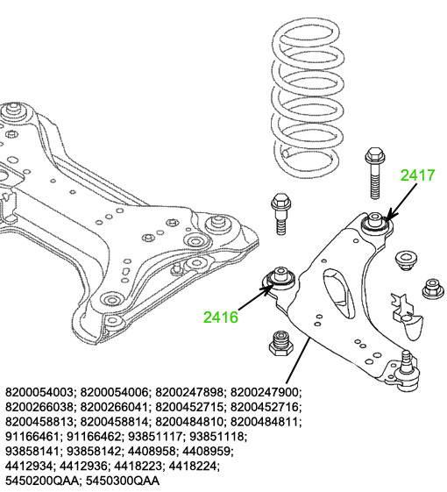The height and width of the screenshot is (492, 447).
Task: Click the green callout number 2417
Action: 417,175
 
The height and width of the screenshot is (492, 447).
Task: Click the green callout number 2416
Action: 221,317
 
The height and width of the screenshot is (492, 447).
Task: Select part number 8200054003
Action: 39,392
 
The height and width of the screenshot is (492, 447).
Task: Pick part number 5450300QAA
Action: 123,481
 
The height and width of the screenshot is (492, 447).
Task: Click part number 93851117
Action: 155,436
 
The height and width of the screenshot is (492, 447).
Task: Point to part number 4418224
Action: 193,466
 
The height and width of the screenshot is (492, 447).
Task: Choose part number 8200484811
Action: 264,422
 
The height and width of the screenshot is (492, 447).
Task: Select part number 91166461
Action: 32,436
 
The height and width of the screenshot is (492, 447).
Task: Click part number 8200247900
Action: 264,392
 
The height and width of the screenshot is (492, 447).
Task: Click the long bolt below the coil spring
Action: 375,173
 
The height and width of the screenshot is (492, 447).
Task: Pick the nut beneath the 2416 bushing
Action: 281,343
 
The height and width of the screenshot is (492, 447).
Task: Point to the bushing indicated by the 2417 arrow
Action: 376,223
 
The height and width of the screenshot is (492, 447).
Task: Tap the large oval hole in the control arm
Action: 339,292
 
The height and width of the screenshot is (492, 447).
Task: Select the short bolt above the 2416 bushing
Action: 281,214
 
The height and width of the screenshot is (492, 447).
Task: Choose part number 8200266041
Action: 114,407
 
